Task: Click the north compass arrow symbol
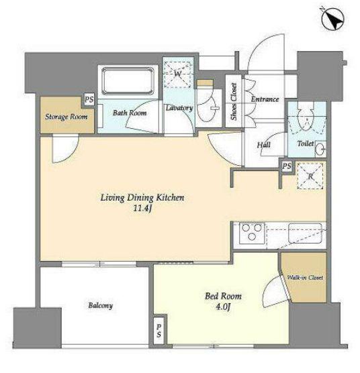(333, 19)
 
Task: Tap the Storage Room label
(66, 117)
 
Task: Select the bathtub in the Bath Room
(128, 81)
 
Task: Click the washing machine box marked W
(177, 74)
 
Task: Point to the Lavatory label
(179, 108)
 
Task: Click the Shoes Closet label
(234, 101)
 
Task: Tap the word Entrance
(265, 99)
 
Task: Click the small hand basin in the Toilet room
(321, 150)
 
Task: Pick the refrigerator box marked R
(310, 176)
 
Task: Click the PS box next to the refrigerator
(287, 166)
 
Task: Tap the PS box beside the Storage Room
(89, 99)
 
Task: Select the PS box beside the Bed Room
(159, 331)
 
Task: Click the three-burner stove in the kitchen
(252, 233)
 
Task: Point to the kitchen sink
(305, 233)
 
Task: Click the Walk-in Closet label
(305, 277)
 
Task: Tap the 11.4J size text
(142, 209)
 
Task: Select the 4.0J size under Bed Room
(223, 307)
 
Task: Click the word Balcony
(100, 305)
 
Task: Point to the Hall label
(263, 145)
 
